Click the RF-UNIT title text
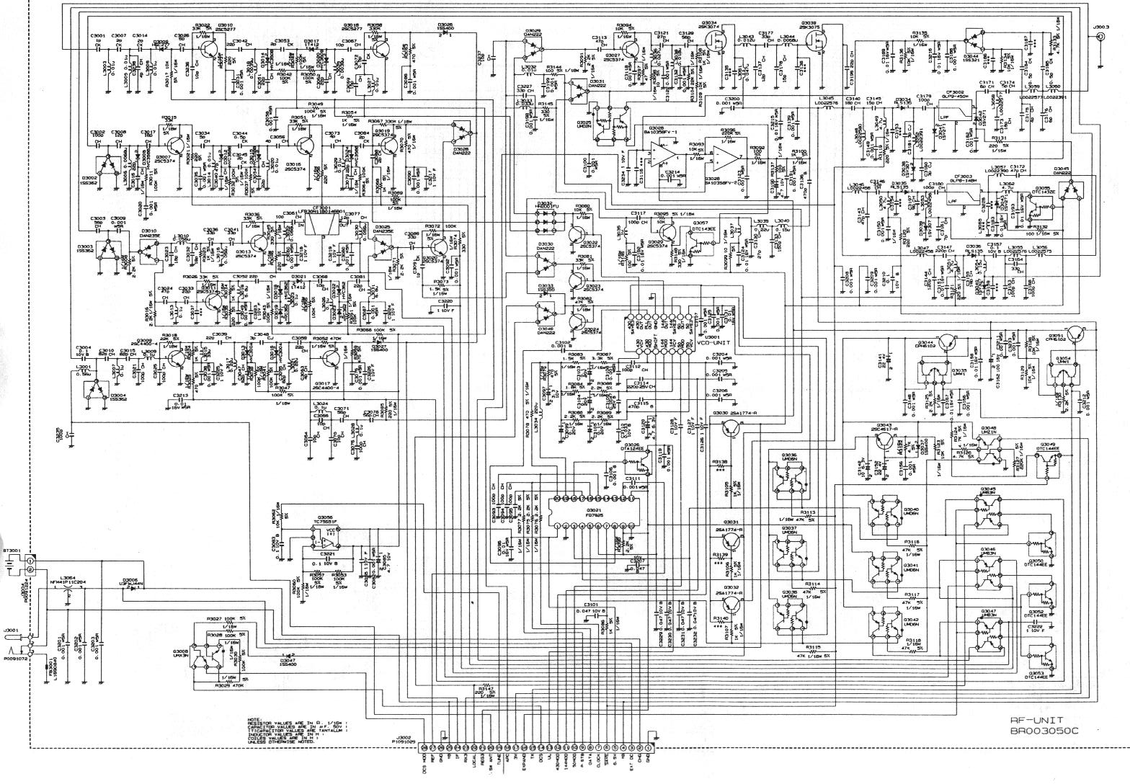coord(1036,719)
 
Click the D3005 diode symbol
coord(131,587)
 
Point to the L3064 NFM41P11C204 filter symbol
coord(68,587)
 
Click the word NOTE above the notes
coord(253,718)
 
